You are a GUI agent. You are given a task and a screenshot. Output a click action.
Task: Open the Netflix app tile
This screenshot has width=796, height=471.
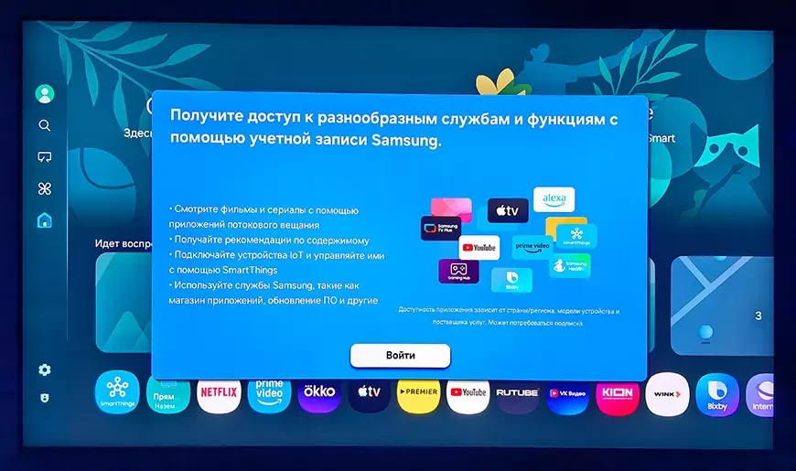pyautogui.click(x=218, y=393)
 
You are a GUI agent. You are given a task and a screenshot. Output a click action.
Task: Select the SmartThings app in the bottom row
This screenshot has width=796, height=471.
pyautogui.click(x=117, y=393)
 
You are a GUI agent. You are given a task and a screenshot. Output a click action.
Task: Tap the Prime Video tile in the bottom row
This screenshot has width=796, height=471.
pyautogui.click(x=269, y=393)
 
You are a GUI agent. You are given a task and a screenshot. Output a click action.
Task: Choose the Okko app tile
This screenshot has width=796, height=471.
pyautogui.click(x=318, y=393)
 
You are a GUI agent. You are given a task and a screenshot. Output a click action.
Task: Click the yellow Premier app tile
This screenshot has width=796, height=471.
pyautogui.click(x=418, y=393)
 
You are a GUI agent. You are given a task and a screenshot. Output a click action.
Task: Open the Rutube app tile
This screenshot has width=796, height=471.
pyautogui.click(x=518, y=393)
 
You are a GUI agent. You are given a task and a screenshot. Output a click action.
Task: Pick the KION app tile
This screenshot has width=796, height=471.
pyautogui.click(x=618, y=393)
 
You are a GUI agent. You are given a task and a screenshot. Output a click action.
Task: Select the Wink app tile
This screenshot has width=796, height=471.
pyautogui.click(x=668, y=393)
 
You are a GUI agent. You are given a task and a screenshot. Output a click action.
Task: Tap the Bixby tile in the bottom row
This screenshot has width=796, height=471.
pyautogui.click(x=716, y=393)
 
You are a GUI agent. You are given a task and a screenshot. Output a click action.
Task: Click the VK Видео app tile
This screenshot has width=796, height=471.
pyautogui.click(x=567, y=393)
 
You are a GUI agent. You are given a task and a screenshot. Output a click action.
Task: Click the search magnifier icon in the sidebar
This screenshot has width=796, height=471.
pyautogui.click(x=44, y=125)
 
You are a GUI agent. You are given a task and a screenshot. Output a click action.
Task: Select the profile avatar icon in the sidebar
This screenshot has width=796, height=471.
pyautogui.click(x=44, y=93)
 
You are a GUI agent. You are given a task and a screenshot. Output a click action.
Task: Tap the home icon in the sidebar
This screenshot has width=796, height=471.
pyautogui.click(x=44, y=220)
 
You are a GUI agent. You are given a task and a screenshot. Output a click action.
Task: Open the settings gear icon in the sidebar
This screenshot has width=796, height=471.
pyautogui.click(x=44, y=369)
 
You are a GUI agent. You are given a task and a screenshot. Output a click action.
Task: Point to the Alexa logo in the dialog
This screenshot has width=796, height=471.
pyautogui.click(x=554, y=198)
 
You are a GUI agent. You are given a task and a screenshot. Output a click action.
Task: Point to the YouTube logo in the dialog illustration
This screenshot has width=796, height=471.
pyautogui.click(x=479, y=247)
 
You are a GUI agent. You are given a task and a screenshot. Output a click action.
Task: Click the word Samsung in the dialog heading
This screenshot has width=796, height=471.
pyautogui.click(x=407, y=141)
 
